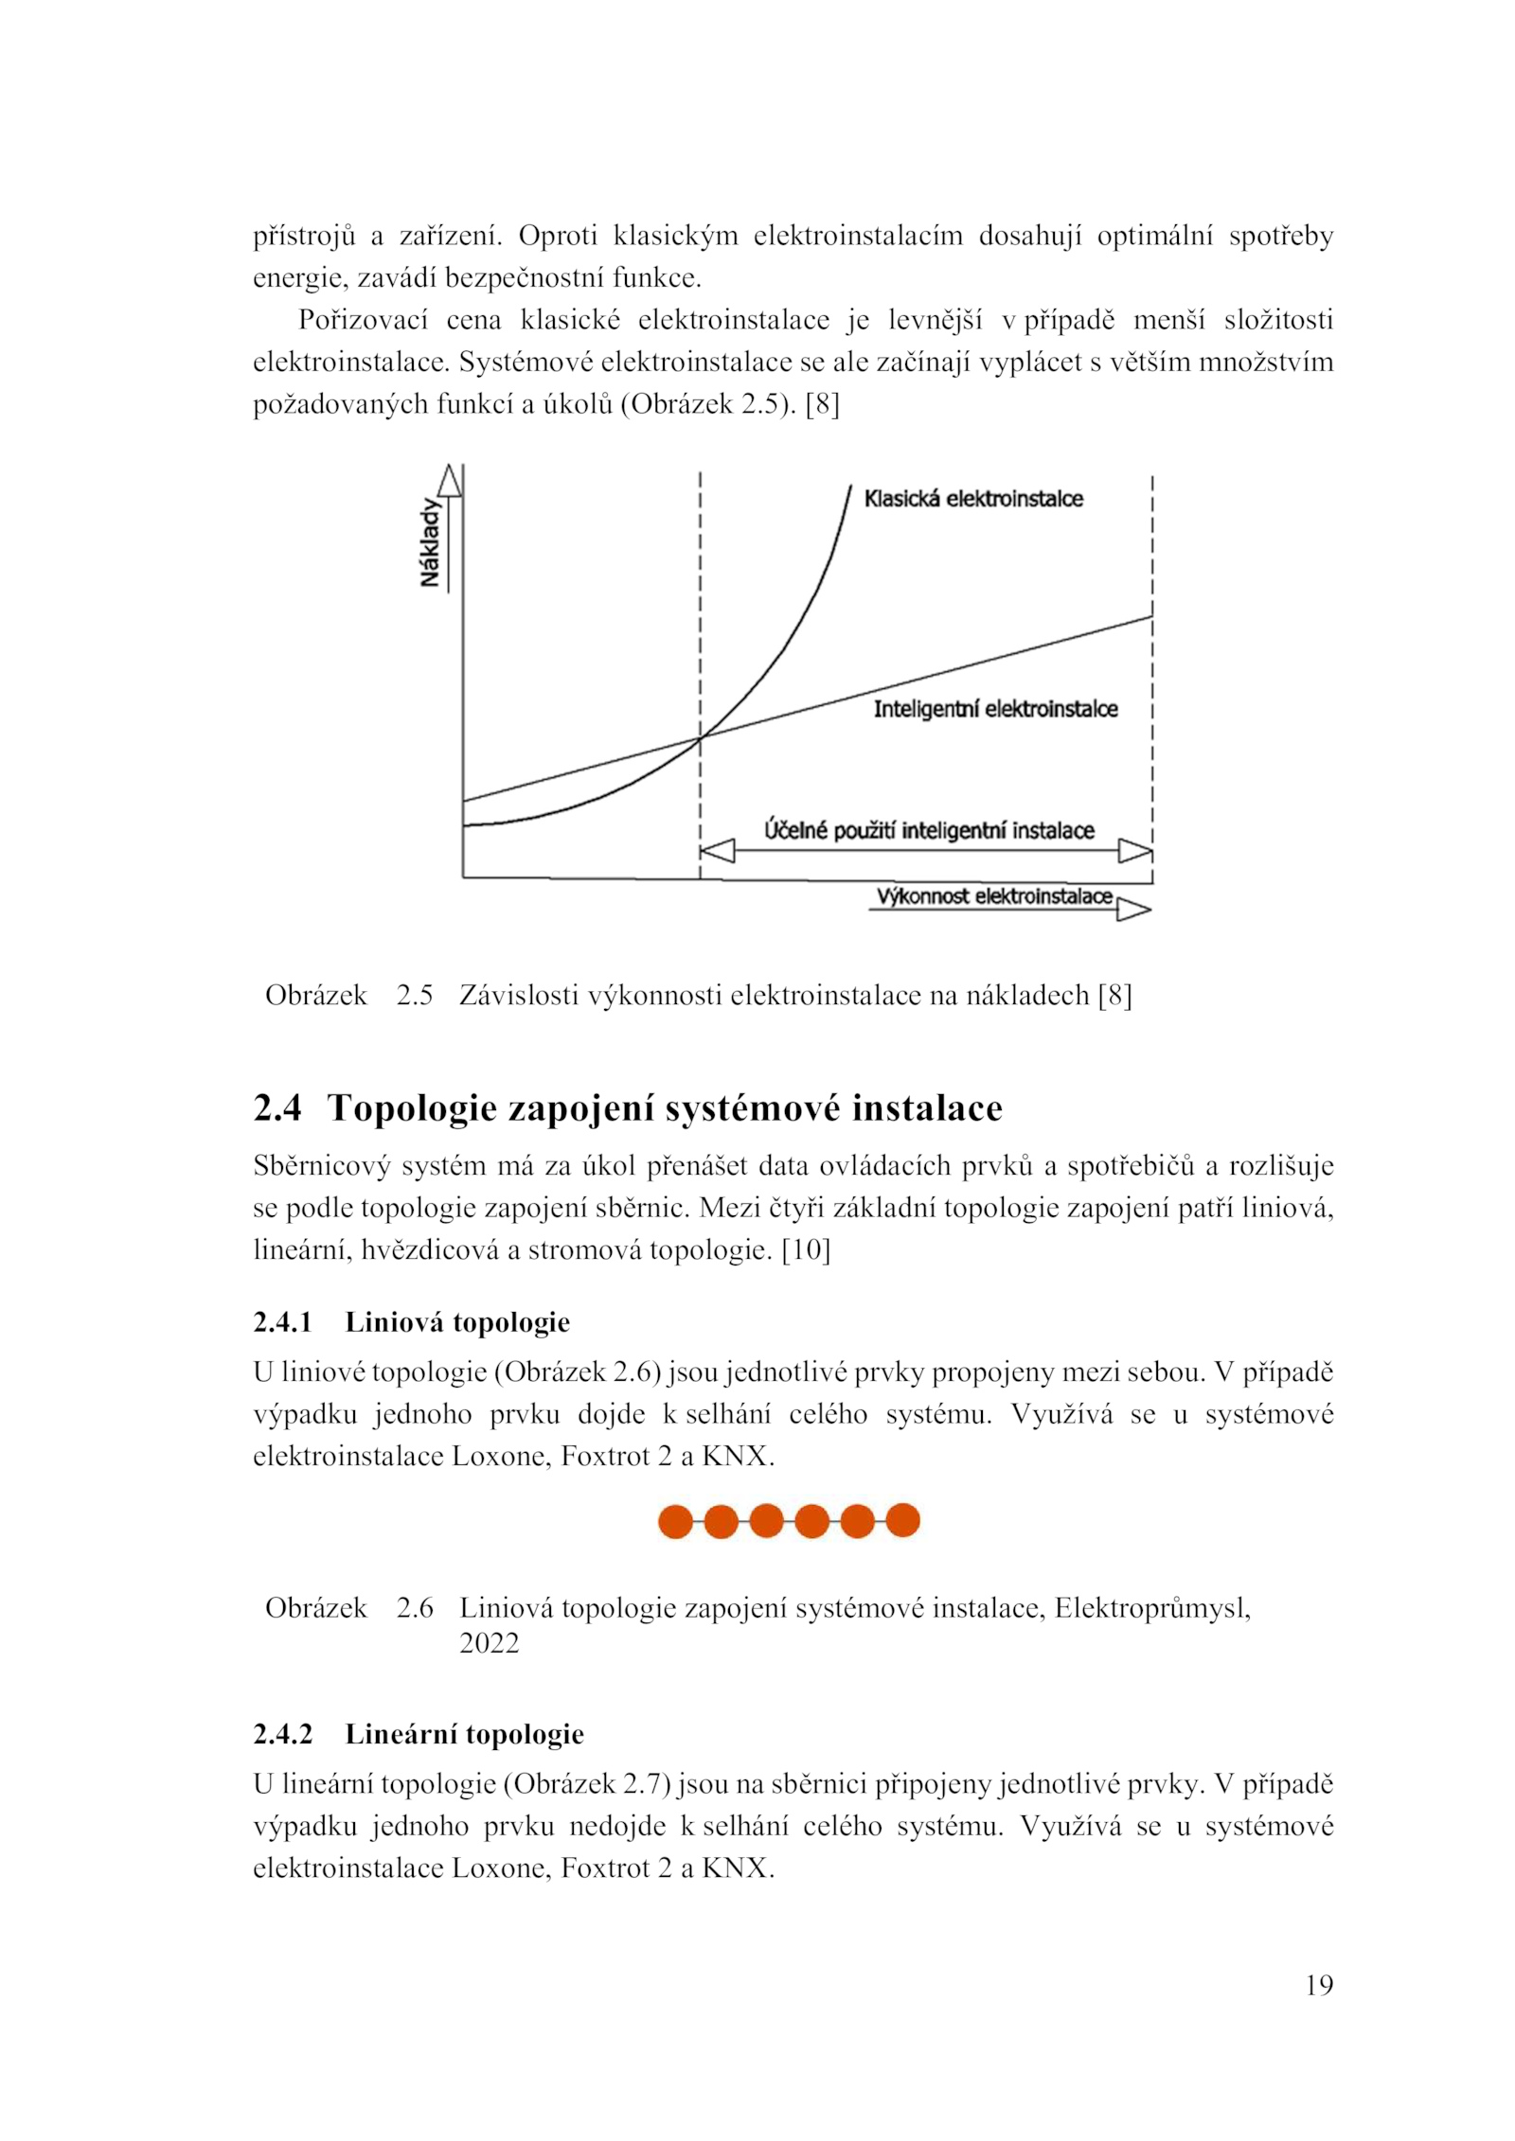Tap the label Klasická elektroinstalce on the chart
(x=972, y=499)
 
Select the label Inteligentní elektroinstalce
(x=994, y=709)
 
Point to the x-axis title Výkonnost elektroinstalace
(x=993, y=896)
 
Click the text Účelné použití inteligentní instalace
(x=929, y=830)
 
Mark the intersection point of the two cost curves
(x=700, y=736)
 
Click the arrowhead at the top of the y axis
(x=451, y=480)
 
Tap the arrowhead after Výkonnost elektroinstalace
(x=1133, y=910)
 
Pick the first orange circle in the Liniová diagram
(x=675, y=1521)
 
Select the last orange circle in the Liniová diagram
(x=902, y=1520)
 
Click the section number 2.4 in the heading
(x=277, y=1108)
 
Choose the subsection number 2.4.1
(x=282, y=1322)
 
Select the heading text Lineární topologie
(x=464, y=1734)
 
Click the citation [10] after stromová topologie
(x=806, y=1250)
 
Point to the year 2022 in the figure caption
(x=489, y=1642)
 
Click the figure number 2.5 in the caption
(x=414, y=996)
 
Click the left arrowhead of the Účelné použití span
(x=717, y=851)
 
